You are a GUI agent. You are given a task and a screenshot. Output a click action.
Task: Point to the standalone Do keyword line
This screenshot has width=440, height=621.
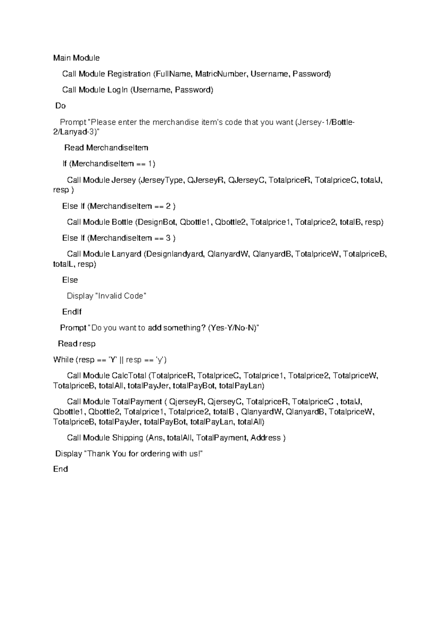(x=60, y=106)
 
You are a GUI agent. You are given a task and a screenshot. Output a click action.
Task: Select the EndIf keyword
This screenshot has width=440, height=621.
(x=72, y=312)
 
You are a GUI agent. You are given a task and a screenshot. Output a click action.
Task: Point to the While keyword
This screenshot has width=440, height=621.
(x=63, y=360)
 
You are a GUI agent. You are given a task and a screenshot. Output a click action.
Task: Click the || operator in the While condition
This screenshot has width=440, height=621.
(x=122, y=360)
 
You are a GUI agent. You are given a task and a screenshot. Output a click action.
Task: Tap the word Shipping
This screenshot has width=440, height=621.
(x=128, y=438)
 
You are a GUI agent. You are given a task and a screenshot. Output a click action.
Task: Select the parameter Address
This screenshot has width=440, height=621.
(x=265, y=438)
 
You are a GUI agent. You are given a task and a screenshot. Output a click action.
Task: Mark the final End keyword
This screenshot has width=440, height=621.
(x=60, y=469)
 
